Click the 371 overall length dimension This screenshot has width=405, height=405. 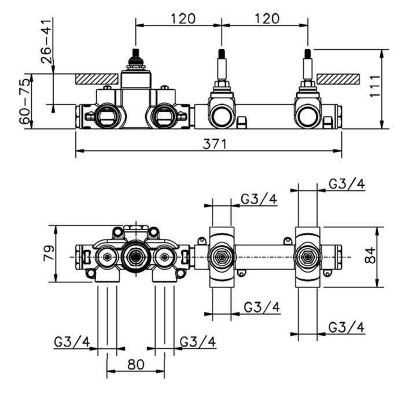click(x=214, y=143)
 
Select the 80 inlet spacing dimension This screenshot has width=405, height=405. click(x=135, y=365)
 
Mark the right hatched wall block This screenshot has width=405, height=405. click(x=338, y=78)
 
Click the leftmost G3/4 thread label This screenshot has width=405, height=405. click(x=72, y=342)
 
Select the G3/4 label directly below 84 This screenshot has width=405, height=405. click(x=347, y=327)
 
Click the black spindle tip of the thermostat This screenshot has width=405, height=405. click(x=136, y=56)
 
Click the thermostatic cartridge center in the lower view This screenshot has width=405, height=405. click(x=136, y=256)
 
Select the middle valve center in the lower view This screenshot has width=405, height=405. click(x=222, y=256)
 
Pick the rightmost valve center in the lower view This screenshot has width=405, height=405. click(x=307, y=256)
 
